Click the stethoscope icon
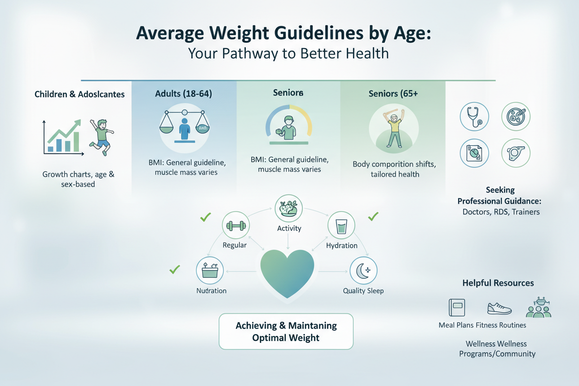(474, 116)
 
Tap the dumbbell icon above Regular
(236, 225)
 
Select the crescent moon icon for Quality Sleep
(363, 270)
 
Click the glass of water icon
(341, 226)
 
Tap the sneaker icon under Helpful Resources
(499, 309)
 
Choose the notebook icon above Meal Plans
(457, 308)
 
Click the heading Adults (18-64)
(184, 94)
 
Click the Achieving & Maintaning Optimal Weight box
(286, 331)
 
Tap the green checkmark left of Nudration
(175, 270)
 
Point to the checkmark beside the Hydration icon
(373, 216)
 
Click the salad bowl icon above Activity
(289, 208)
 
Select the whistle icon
(516, 153)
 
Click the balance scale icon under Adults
(184, 127)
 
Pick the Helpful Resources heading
(498, 283)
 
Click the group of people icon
(539, 308)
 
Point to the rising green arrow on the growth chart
(64, 131)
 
